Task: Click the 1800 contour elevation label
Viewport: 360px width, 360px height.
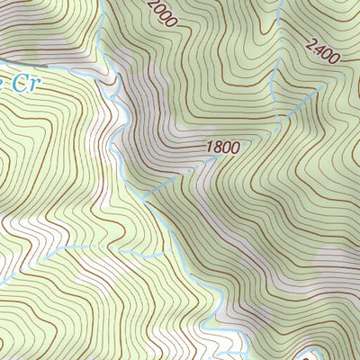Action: [x=222, y=147]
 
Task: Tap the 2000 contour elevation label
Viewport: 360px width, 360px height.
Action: [x=160, y=13]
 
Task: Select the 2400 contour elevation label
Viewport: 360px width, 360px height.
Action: [x=322, y=50]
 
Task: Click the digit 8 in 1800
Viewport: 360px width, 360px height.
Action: [x=216, y=146]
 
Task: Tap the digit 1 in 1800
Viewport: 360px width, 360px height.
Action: [x=209, y=145]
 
